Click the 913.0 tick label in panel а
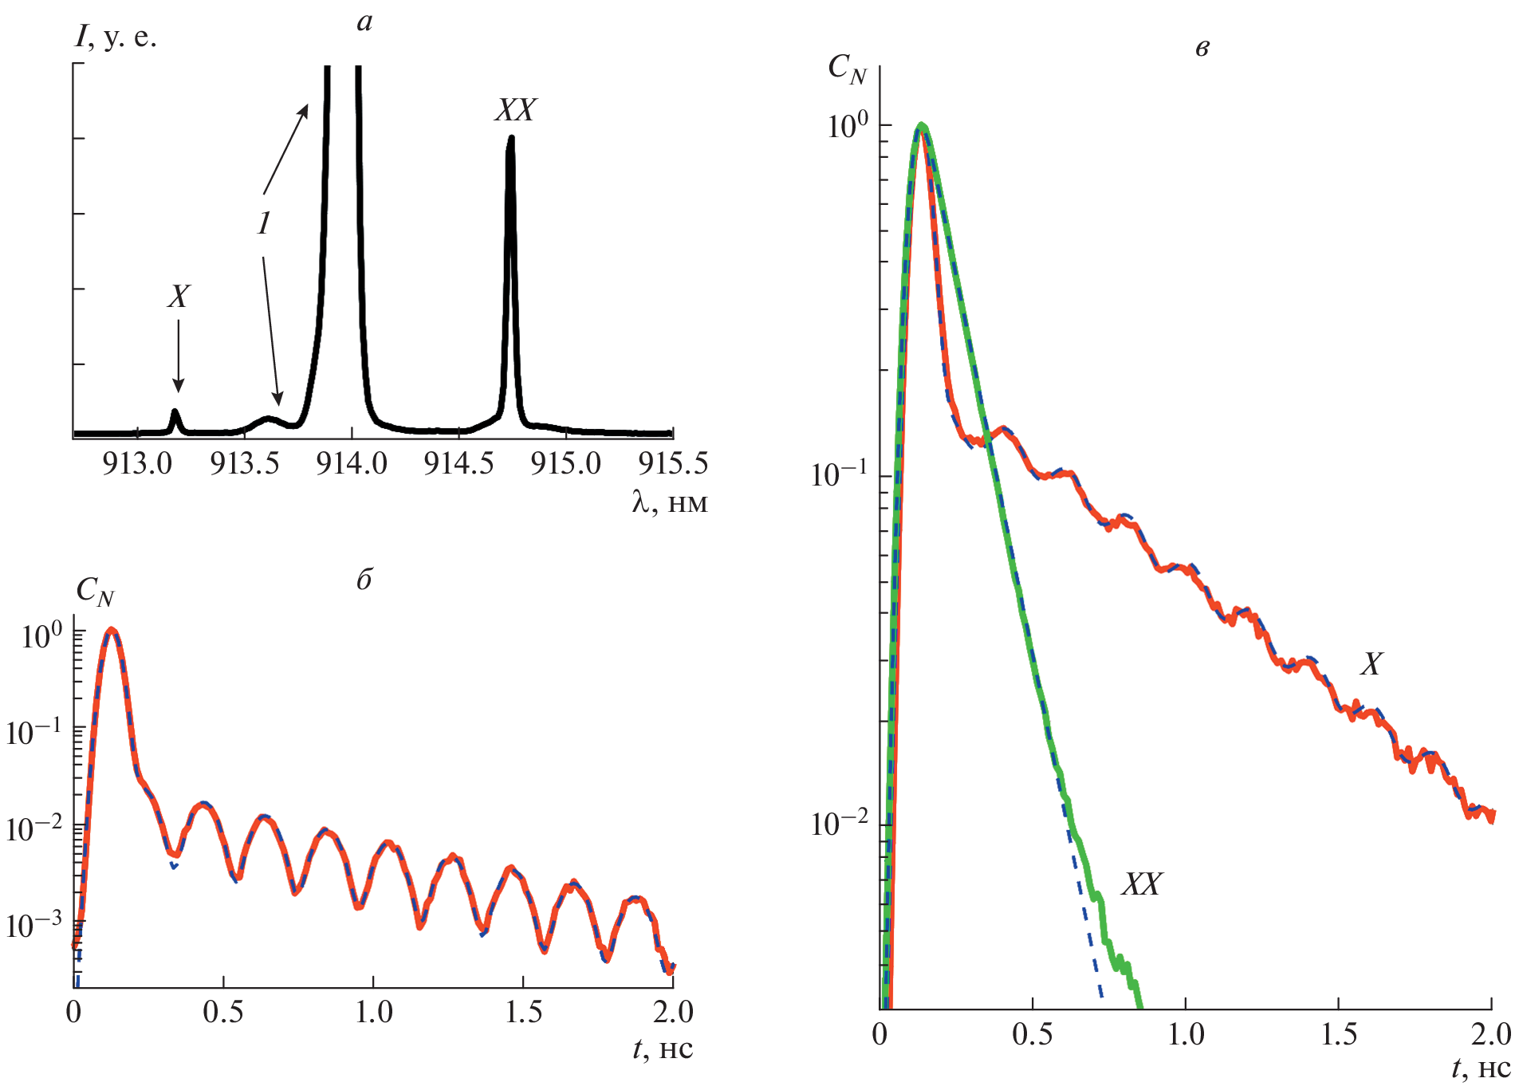[x=137, y=463]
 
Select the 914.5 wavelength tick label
[x=458, y=463]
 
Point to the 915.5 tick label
[x=673, y=463]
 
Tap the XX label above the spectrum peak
[x=515, y=110]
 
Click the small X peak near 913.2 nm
[x=175, y=414]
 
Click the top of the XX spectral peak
[x=510, y=139]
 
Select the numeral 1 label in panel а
[x=265, y=222]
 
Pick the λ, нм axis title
[x=669, y=502]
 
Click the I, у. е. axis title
[x=116, y=37]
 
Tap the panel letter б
[x=364, y=580]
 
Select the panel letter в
[x=1202, y=49]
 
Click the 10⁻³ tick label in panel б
[x=33, y=925]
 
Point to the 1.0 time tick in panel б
[x=373, y=1013]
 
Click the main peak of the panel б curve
[x=112, y=631]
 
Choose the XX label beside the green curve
[x=1142, y=884]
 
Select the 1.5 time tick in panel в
[x=1339, y=1034]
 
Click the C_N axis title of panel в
[x=846, y=69]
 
